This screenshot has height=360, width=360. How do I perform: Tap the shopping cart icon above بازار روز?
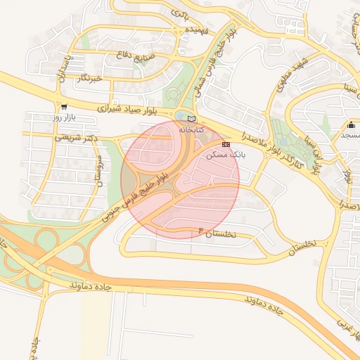pos(65,107)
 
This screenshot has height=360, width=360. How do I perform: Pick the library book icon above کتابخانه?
pos(192,118)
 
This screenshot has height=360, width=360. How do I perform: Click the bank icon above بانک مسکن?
pos(226,144)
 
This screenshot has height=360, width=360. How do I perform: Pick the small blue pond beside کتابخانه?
pos(181,115)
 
